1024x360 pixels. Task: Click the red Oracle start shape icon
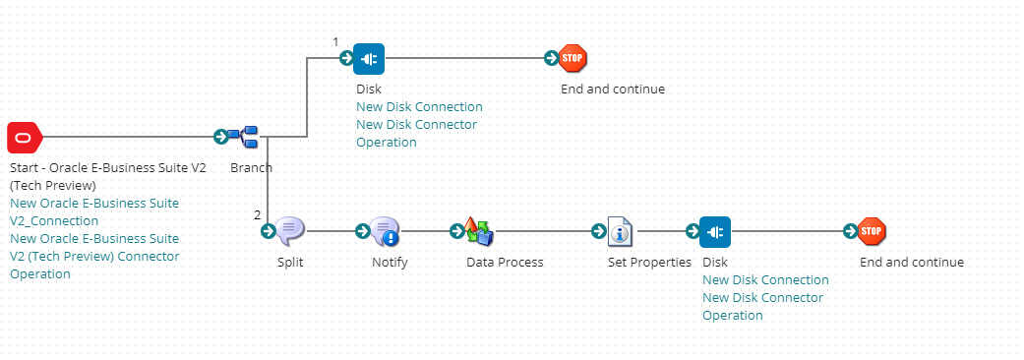tap(25, 137)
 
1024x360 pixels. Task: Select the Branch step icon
tap(242, 137)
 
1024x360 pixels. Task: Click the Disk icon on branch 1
tap(369, 59)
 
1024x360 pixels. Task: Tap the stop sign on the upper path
tap(572, 59)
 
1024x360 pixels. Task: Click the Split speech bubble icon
tap(290, 231)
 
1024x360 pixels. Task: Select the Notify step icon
tap(385, 231)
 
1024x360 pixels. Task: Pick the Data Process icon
tap(479, 231)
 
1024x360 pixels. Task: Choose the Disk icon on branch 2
tap(715, 231)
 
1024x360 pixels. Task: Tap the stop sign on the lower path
tap(872, 231)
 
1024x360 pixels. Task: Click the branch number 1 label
tap(335, 41)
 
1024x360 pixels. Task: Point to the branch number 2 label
tap(258, 214)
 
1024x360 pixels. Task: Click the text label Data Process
tap(505, 263)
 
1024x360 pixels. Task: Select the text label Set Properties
tap(649, 263)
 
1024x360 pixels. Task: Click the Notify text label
tap(390, 263)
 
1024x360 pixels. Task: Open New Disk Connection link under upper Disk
tap(419, 107)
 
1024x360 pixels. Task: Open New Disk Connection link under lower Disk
tap(765, 280)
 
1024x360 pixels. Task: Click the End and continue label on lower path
tap(912, 263)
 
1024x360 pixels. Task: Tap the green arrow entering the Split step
tap(268, 231)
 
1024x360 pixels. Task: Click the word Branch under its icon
tap(252, 168)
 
